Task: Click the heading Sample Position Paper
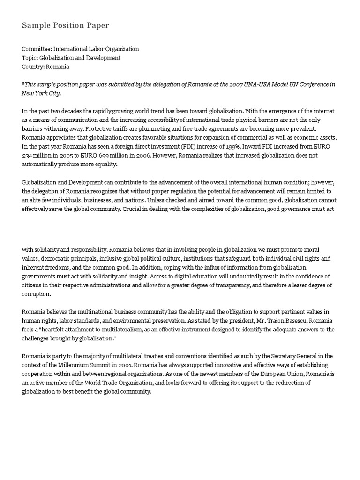click(65, 25)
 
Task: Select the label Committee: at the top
click(37, 49)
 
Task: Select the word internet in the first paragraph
click(326, 111)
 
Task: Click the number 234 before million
click(28, 156)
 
